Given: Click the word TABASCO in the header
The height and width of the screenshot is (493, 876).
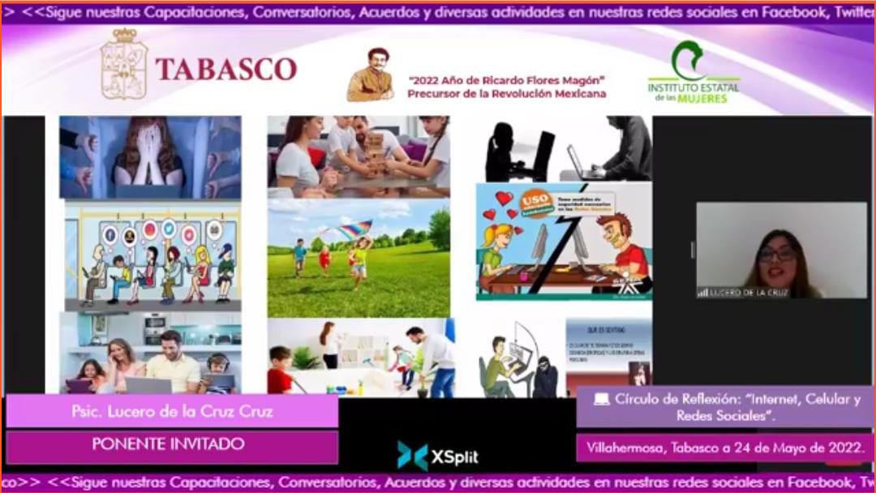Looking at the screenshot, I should pos(226,69).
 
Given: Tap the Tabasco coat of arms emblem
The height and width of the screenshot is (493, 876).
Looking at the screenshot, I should pos(124,65).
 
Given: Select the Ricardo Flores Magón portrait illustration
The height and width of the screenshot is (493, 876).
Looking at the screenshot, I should pos(371,75).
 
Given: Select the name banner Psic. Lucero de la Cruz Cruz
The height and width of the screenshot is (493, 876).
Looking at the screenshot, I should pos(172,411).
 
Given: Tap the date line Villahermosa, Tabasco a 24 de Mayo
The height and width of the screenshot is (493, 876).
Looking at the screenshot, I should pos(725,446).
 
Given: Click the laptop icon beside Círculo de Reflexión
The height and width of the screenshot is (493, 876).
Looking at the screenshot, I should pos(601,399).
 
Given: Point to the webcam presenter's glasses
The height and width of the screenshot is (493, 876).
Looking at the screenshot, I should pos(776,254).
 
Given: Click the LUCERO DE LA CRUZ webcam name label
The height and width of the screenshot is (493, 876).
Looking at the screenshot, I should pos(744,292).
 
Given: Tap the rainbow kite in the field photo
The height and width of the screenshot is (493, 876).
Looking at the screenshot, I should pos(354,229).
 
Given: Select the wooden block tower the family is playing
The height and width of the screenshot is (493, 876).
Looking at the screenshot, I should pos(376,151).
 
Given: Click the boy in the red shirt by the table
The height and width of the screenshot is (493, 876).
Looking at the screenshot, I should pos(281,371).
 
